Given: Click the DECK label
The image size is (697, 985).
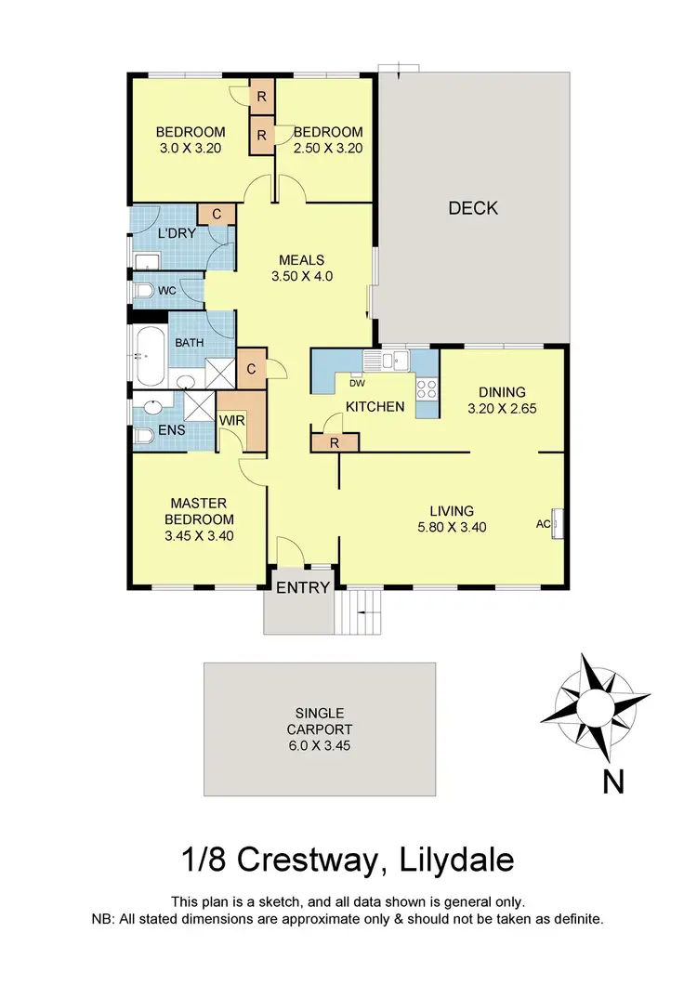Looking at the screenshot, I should (473, 208).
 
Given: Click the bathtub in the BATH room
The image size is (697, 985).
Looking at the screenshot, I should (147, 355).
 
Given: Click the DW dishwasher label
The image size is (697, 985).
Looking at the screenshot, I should (357, 383).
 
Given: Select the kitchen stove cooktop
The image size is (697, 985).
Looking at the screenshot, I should (427, 388).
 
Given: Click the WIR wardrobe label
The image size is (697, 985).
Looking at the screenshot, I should (231, 421).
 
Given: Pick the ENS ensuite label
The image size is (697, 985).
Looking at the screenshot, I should (171, 430).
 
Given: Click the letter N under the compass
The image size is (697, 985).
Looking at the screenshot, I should (612, 783).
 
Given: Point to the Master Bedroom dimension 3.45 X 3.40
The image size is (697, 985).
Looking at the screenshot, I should (199, 535).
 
